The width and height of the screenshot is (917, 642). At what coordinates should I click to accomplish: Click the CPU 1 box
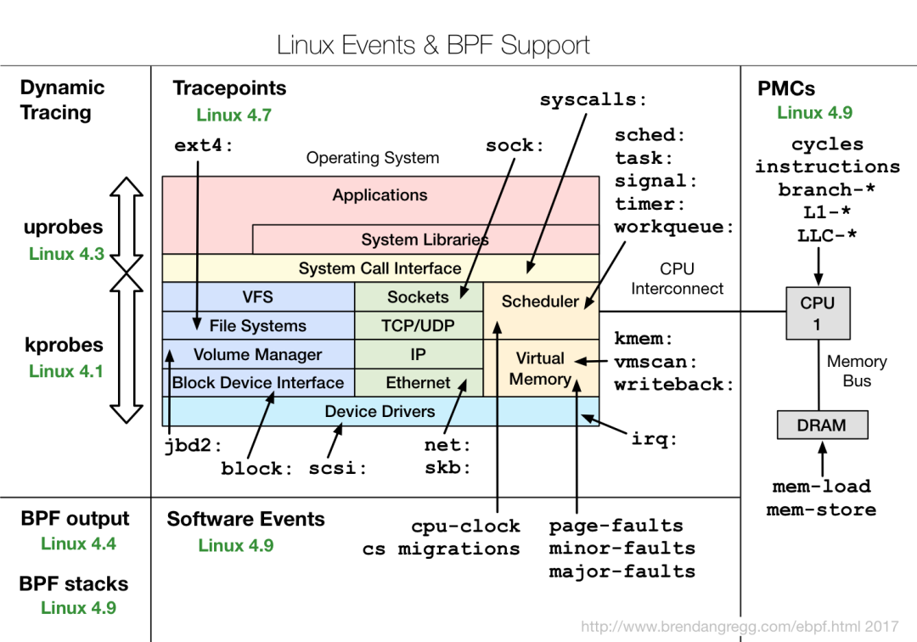click(x=818, y=313)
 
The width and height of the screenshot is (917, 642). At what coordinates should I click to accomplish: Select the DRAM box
click(x=822, y=425)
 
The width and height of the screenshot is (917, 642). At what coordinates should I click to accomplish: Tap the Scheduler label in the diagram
click(x=540, y=301)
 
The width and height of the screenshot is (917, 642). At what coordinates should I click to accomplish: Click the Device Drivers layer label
click(x=380, y=412)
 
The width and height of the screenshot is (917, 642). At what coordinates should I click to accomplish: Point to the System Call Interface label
click(x=380, y=269)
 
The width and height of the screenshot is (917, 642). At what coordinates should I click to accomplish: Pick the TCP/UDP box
click(x=418, y=326)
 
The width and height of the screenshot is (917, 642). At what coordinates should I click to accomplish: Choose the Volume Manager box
click(x=257, y=355)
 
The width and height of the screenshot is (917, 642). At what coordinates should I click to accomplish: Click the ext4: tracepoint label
click(x=204, y=146)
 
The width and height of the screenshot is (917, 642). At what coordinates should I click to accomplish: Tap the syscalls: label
click(x=593, y=100)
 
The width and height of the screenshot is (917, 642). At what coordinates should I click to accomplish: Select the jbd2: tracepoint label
click(x=193, y=446)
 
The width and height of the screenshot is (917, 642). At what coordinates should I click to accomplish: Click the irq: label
click(x=654, y=439)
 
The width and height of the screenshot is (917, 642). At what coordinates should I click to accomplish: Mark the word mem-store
click(x=821, y=510)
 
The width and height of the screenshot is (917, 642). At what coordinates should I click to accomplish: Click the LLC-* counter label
click(x=827, y=236)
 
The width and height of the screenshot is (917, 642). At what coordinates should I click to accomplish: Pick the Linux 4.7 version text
click(x=233, y=115)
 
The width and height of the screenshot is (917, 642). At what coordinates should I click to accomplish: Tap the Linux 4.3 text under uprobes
click(x=66, y=254)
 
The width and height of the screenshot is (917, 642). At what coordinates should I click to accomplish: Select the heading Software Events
click(x=245, y=520)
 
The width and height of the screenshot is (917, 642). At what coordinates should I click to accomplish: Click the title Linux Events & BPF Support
click(x=433, y=45)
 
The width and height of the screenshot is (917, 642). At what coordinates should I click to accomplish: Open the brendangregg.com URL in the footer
click(x=739, y=628)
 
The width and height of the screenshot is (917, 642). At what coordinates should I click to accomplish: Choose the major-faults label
click(x=622, y=572)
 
